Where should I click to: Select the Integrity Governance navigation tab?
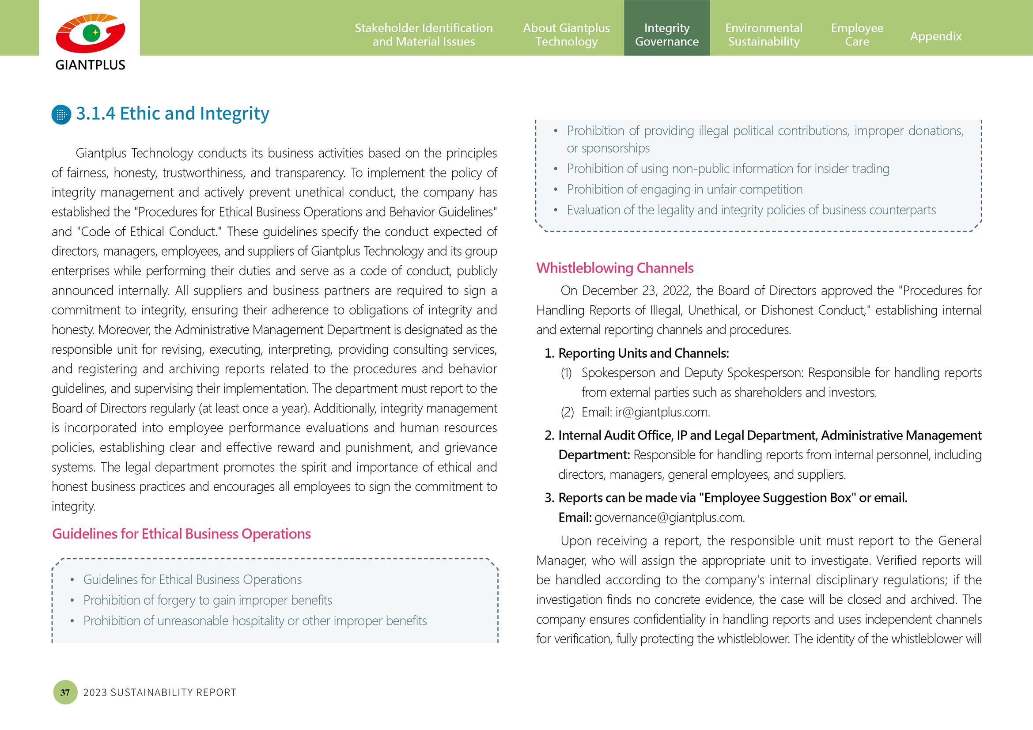666,34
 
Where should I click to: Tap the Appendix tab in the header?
935,36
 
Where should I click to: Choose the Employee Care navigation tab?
857,34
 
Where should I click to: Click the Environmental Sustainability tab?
764,34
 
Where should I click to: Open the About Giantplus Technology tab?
566,34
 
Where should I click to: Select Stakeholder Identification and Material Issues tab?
424,34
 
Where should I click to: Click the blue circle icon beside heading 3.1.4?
62,115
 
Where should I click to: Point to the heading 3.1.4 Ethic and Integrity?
172,113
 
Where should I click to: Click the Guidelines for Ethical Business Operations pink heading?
182,534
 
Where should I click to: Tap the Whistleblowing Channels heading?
615,268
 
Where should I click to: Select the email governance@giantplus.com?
669,518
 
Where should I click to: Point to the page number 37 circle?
65,692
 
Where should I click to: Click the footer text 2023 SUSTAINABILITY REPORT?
160,692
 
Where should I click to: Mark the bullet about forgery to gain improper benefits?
208,601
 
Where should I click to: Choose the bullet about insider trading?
727,169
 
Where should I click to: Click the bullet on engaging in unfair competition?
684,190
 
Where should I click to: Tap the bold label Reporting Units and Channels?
643,354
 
